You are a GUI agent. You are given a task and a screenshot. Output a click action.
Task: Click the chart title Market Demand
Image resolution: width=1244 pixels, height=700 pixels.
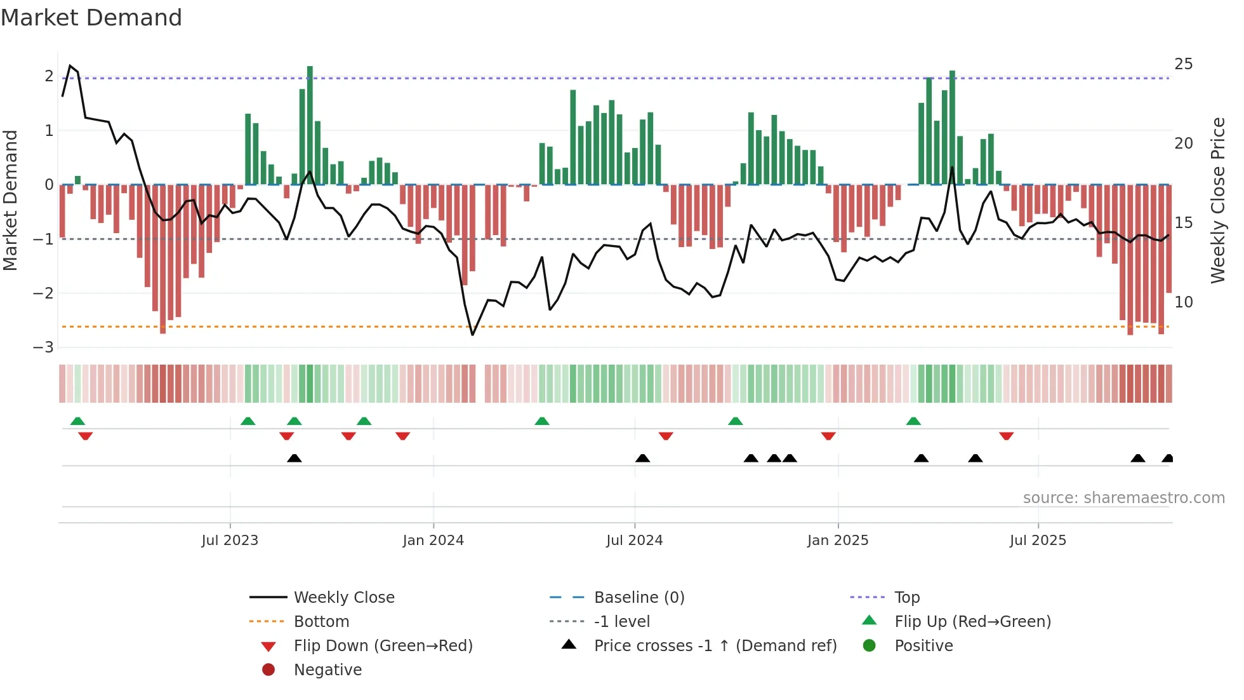tap(91, 18)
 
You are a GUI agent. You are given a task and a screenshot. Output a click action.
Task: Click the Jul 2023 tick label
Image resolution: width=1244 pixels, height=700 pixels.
tap(230, 541)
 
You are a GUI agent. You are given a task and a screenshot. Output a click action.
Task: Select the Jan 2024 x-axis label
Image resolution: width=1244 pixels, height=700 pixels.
tap(433, 541)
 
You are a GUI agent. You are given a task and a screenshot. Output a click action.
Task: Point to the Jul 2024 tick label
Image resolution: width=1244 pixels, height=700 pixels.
tap(634, 541)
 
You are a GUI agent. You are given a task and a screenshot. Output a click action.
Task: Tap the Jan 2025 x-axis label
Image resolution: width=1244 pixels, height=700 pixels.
tap(838, 541)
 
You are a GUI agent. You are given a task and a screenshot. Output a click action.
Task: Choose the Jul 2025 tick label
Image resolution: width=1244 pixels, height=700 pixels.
tap(1038, 541)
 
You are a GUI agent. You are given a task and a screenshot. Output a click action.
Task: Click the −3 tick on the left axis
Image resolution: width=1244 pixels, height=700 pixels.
tap(43, 347)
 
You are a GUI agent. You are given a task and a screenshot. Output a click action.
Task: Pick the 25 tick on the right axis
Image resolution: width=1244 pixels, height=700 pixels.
tap(1183, 64)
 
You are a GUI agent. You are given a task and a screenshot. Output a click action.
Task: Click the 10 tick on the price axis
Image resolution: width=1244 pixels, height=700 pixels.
tap(1183, 302)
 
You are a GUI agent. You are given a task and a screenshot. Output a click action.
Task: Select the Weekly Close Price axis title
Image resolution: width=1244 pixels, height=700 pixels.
tap(1217, 200)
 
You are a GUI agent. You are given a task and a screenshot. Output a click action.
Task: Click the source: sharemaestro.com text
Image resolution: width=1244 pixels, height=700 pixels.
tap(1123, 498)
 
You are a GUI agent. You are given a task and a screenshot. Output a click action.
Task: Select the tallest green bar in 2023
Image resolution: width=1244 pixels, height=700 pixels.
tap(310, 125)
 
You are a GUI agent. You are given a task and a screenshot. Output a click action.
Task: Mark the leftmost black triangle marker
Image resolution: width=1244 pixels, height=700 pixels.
tap(294, 459)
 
